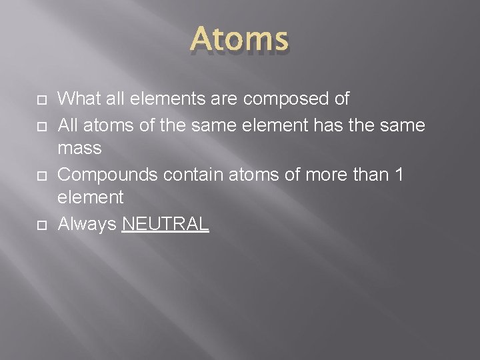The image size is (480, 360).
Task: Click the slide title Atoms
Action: [240, 40]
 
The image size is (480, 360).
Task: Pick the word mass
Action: [80, 148]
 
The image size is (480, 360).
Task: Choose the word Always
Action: [87, 224]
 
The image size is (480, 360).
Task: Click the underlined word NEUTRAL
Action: [166, 224]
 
